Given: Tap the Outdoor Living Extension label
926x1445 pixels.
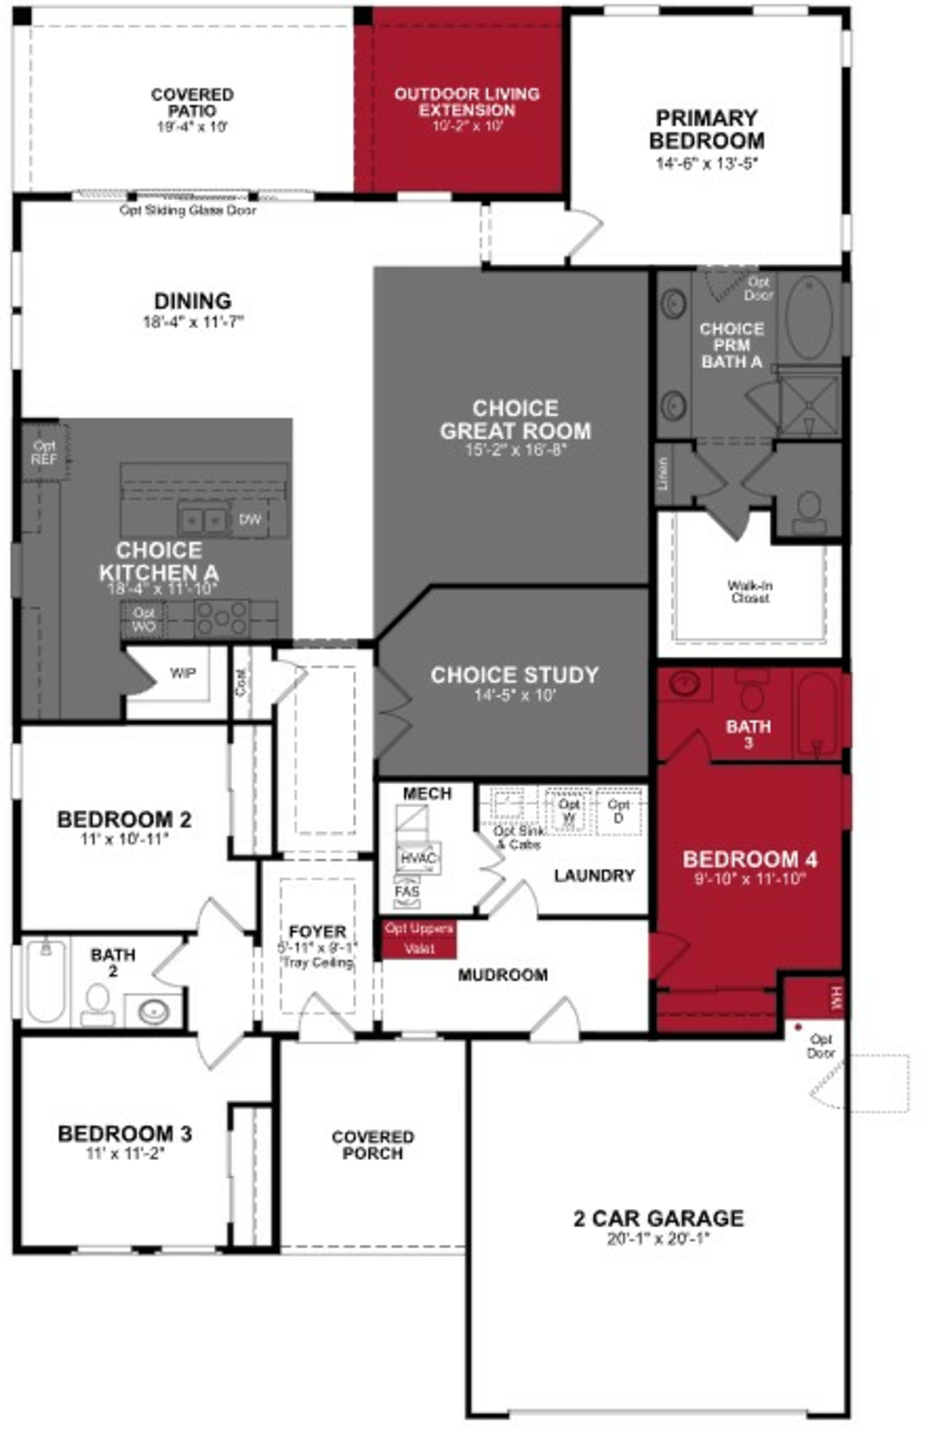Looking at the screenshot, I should click(x=467, y=102).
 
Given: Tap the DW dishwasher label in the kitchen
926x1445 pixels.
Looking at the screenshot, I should click(x=250, y=519).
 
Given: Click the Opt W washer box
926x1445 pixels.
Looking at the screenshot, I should click(x=568, y=811).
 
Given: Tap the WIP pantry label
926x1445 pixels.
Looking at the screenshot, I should click(x=182, y=673).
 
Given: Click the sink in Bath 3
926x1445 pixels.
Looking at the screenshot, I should click(x=684, y=684).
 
